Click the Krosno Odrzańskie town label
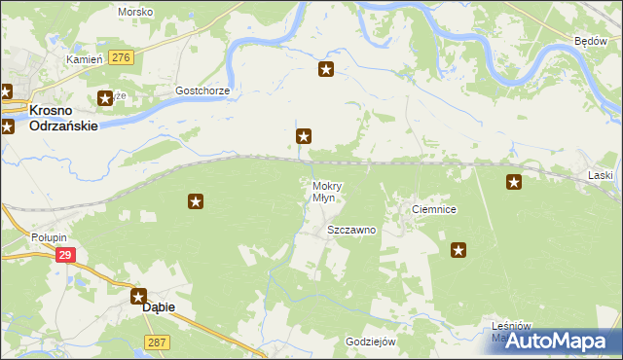pos(64,119)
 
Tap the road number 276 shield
pos(121,58)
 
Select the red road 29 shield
pos(64,255)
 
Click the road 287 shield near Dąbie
pos(156,342)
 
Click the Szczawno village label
pos(351,231)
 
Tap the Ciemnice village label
pos(434,209)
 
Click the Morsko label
pos(135,12)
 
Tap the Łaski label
pos(601,175)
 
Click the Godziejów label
pos(371,342)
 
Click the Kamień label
pos(84,59)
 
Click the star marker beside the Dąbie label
pos(139,297)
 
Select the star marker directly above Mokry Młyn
pos(304,137)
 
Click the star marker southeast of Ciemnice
pos(458,250)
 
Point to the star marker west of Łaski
pos(514,181)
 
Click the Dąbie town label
pos(160,306)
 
